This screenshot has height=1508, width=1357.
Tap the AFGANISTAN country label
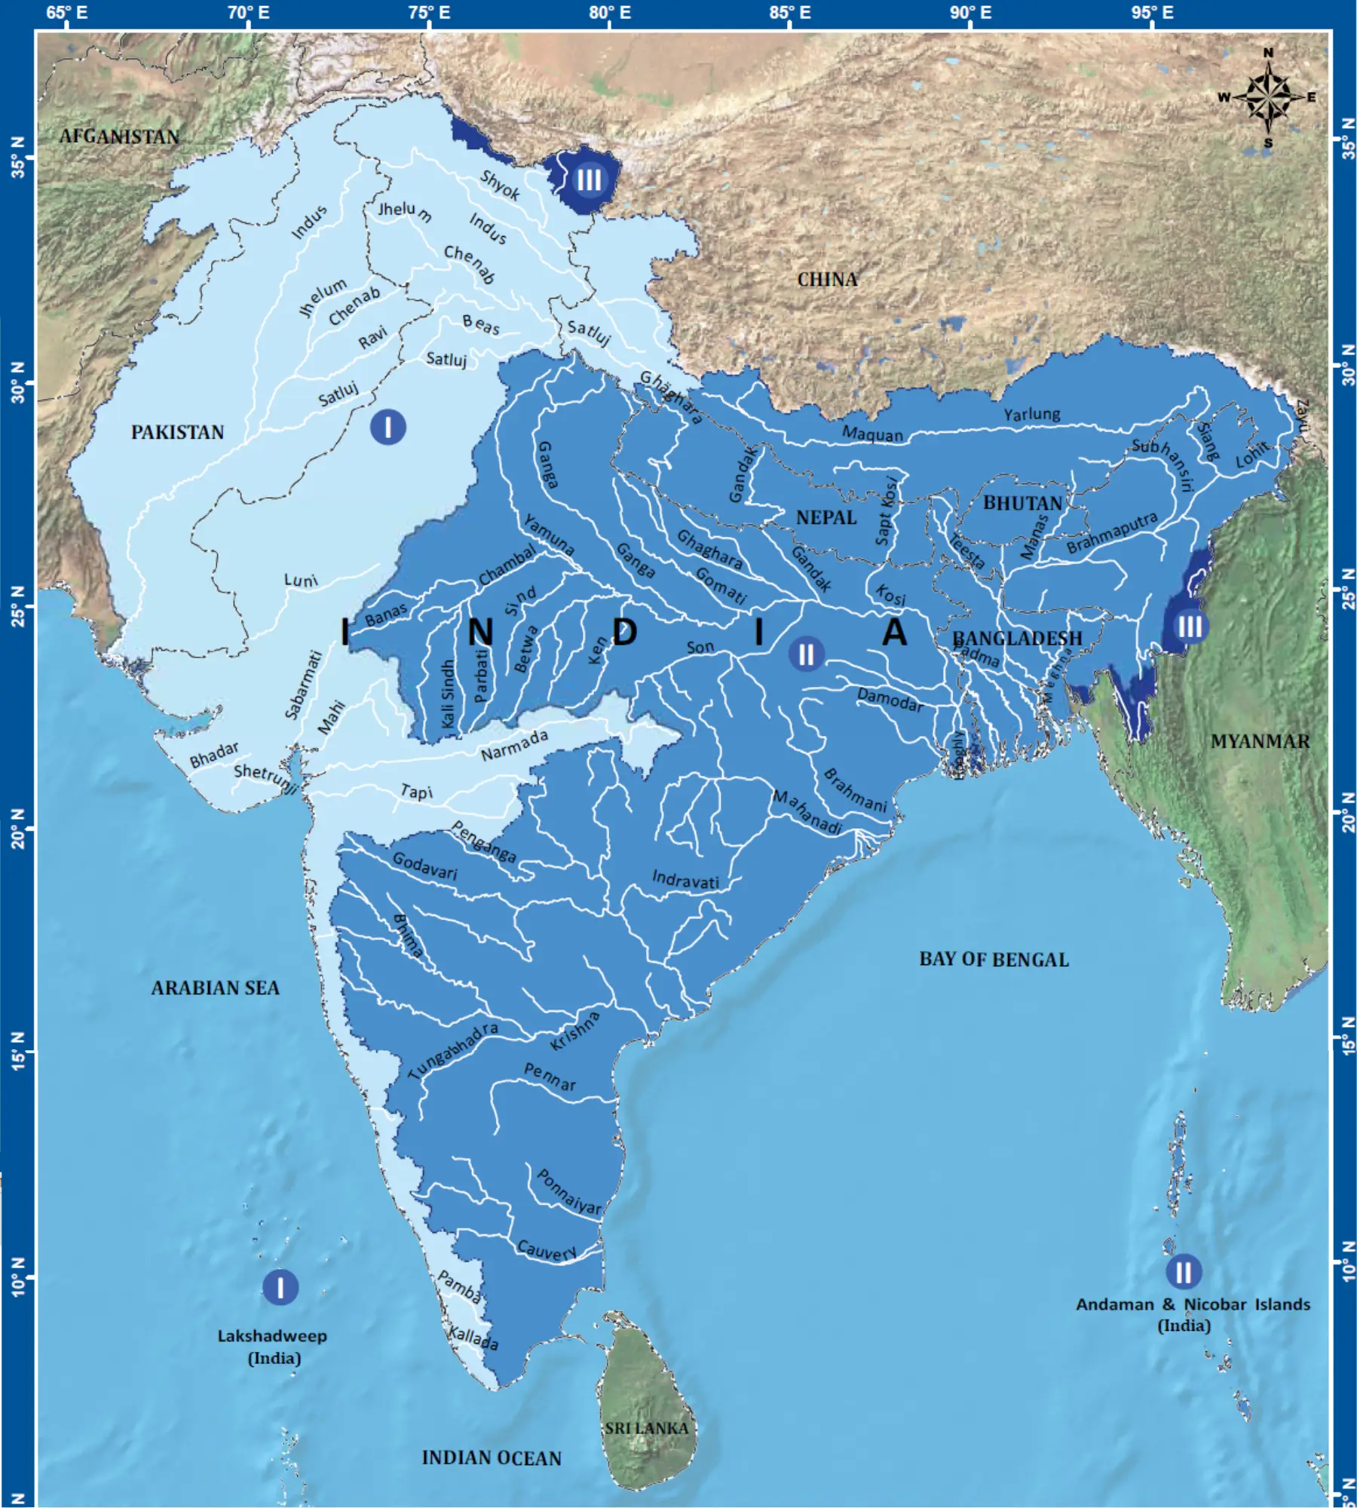(119, 136)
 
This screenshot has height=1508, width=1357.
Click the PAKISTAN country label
(177, 432)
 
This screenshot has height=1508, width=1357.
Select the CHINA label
(827, 280)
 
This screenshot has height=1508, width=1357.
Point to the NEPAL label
(826, 517)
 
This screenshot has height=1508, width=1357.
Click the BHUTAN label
(1022, 503)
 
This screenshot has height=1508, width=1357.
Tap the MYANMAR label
(1260, 741)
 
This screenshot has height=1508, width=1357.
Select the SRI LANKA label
(646, 1428)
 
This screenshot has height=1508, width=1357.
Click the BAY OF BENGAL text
(994, 959)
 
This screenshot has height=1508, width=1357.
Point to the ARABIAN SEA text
(215, 988)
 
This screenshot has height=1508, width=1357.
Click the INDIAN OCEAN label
(492, 1457)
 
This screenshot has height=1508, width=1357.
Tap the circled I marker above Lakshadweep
(280, 1287)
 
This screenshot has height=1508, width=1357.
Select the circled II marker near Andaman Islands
(1184, 1272)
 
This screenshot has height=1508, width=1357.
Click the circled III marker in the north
(589, 179)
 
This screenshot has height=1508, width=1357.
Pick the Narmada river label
(514, 745)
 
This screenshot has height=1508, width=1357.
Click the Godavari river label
(424, 866)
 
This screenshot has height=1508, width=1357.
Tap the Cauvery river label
(547, 1251)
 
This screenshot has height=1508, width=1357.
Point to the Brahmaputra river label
(1111, 532)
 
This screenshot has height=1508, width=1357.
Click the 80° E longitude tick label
(609, 13)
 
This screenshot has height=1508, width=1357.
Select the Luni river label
(301, 580)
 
